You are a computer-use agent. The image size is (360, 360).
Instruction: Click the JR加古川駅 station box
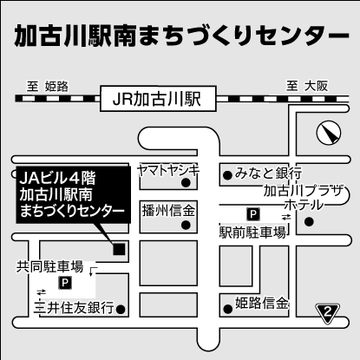click(158, 98)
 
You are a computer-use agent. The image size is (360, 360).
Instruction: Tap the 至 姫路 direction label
click(48, 87)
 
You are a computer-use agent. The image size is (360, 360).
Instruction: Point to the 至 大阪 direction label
click(307, 86)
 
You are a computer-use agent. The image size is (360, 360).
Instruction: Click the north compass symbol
click(329, 133)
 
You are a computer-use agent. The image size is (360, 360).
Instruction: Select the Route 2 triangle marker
click(327, 313)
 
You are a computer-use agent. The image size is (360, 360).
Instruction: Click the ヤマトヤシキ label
click(169, 170)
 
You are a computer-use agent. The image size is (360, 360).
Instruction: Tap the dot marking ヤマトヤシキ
click(186, 182)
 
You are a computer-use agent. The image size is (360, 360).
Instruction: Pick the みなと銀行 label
click(268, 173)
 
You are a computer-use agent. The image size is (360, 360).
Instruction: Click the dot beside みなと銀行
click(228, 175)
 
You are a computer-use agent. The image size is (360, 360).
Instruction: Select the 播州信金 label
click(168, 210)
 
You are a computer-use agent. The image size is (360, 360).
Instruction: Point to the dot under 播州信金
click(186, 225)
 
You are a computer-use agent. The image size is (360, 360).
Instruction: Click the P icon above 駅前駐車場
click(253, 214)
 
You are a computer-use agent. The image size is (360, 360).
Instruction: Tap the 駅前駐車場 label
click(252, 232)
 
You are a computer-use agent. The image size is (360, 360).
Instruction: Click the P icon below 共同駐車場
click(65, 283)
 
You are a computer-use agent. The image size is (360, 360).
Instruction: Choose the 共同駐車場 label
click(49, 266)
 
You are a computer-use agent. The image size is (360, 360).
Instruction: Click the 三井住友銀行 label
click(74, 308)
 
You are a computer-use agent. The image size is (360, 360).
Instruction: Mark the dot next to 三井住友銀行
click(121, 310)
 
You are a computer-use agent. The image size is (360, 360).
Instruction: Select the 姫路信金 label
click(262, 304)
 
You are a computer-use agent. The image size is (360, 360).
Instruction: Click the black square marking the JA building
click(119, 249)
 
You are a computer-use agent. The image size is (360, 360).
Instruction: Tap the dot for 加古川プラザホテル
click(310, 222)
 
